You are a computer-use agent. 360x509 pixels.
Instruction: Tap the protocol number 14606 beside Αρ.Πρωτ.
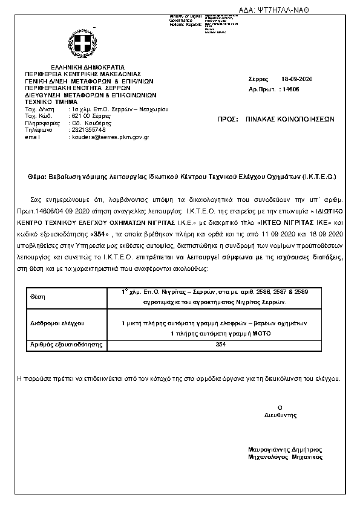(x=290, y=89)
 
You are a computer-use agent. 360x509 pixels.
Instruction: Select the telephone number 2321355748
(x=88, y=129)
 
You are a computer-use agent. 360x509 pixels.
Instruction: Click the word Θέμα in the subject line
(x=38, y=177)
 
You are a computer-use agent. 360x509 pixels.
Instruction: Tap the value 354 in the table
(x=220, y=344)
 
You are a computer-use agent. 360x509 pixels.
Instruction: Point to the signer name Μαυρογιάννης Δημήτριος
(x=285, y=450)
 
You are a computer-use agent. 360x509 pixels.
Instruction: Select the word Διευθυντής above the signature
(x=280, y=415)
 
